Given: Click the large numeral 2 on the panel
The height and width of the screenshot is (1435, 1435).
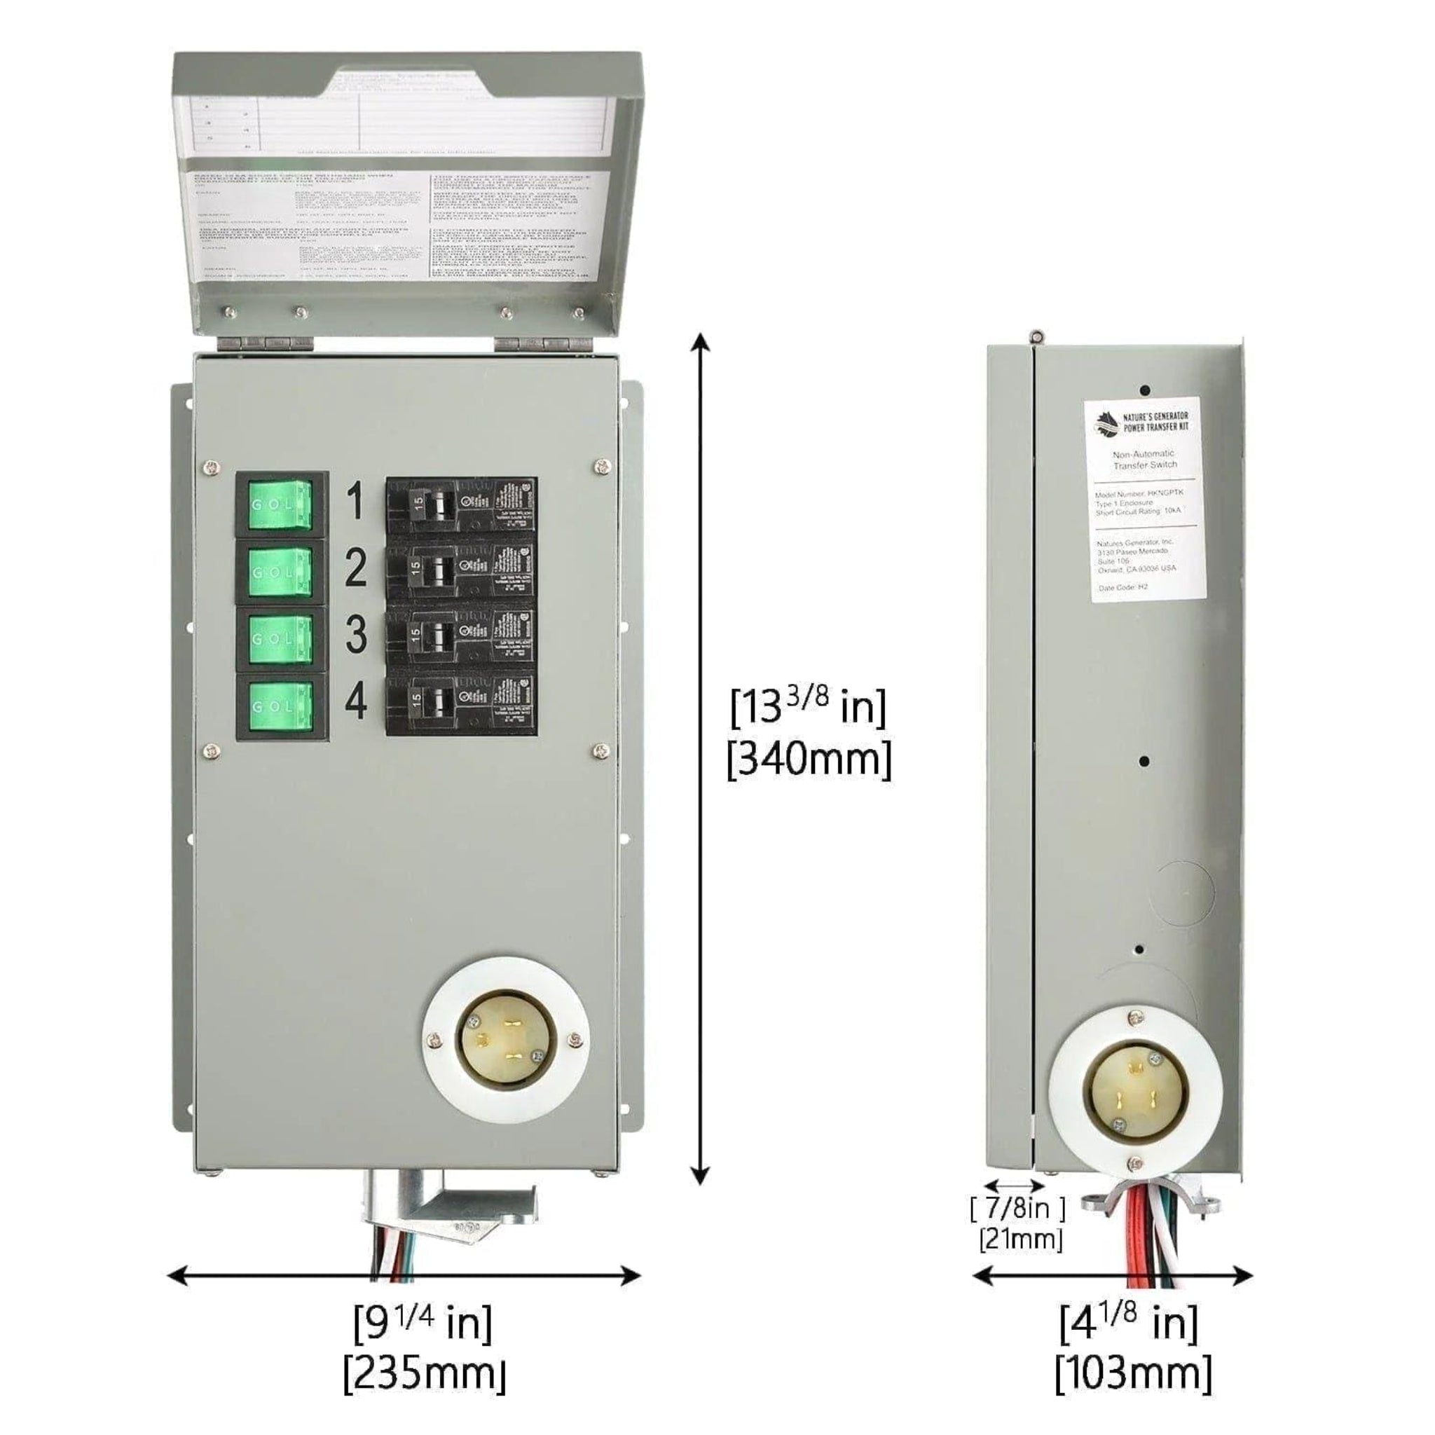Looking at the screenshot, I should point(356,568).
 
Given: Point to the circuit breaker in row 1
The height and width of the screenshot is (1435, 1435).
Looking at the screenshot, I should point(460,504).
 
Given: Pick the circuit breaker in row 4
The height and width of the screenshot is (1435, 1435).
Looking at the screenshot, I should point(460,705).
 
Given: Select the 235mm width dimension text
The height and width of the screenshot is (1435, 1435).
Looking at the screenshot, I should point(424,1373).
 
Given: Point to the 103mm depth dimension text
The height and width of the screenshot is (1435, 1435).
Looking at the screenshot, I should point(1133,1373).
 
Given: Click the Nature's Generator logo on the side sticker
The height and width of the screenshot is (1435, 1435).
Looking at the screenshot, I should point(1106,424).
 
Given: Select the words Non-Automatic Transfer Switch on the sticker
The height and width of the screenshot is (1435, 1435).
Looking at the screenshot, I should point(1144,459).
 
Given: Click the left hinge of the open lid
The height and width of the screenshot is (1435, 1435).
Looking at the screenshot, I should point(264,344).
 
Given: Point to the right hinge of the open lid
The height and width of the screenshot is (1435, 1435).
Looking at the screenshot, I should point(543,344).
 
